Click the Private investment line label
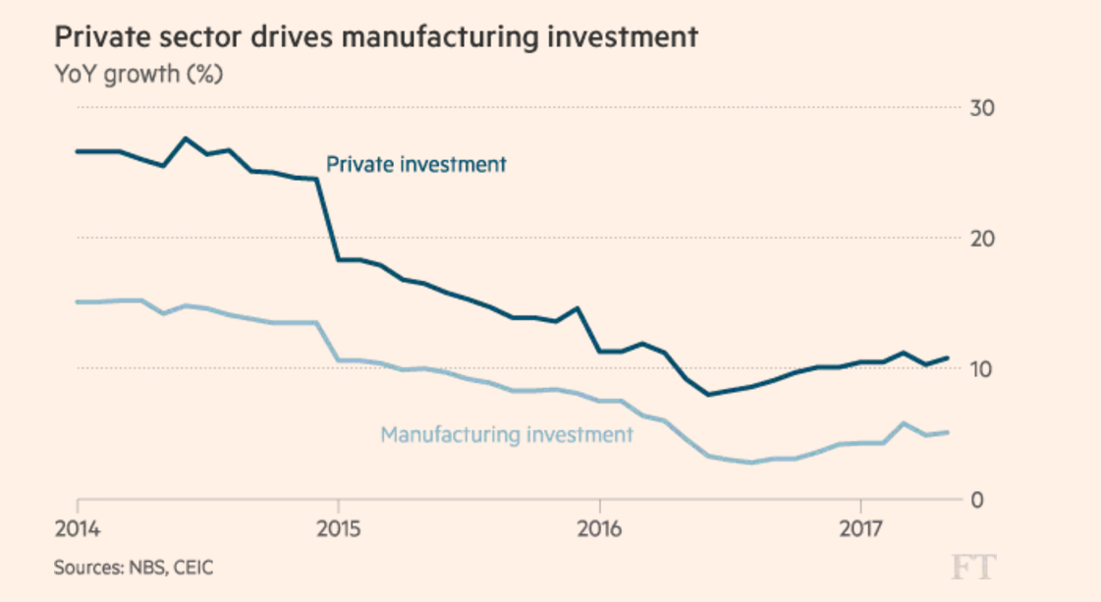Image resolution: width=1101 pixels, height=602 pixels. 416,164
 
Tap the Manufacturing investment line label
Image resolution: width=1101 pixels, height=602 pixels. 507,434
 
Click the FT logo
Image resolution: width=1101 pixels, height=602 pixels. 972,566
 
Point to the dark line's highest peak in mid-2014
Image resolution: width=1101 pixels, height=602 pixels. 186,138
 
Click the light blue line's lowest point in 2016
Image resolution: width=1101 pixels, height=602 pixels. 752,463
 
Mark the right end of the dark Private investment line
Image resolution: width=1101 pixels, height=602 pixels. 948,357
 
